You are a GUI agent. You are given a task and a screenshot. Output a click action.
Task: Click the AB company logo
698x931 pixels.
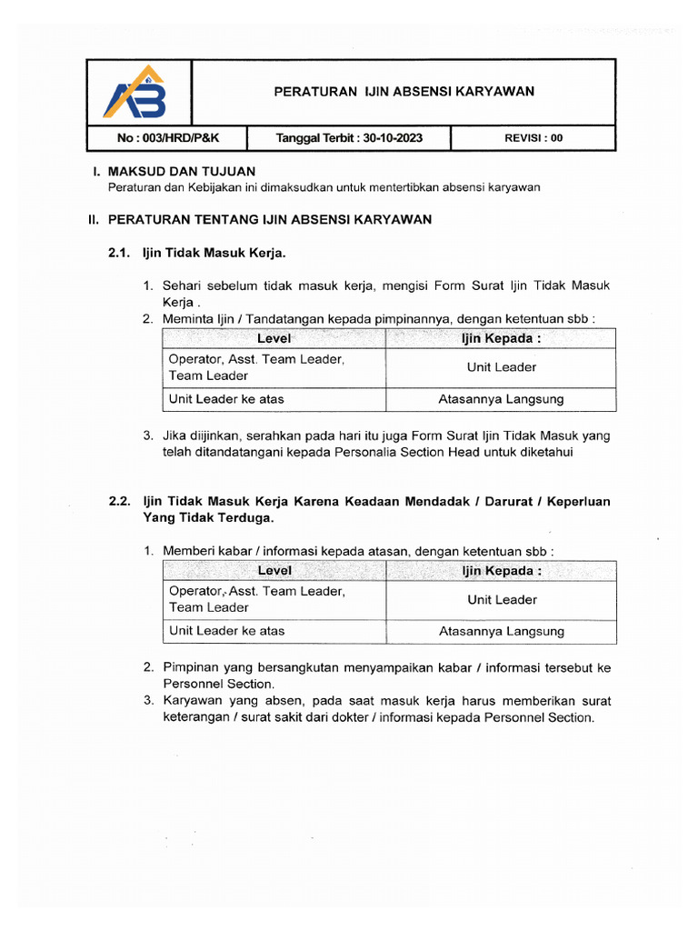coord(137,94)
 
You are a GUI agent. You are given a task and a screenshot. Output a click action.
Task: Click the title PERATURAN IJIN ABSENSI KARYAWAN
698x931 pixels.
coord(404,91)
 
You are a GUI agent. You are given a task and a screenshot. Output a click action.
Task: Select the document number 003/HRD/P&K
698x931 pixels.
coord(157,139)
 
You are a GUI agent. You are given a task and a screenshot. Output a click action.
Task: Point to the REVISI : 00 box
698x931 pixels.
coord(533,139)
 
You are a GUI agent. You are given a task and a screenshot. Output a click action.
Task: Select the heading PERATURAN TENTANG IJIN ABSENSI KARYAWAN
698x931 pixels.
coord(269,219)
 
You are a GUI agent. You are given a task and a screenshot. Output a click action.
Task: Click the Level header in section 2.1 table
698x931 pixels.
coord(274,338)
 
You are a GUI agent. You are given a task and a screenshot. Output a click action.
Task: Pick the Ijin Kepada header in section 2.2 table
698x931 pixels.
coord(502,571)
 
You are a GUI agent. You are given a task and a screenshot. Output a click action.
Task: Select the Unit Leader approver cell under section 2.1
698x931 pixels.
coord(502,367)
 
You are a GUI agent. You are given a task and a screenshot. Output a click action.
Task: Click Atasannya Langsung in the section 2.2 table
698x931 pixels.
coord(502,631)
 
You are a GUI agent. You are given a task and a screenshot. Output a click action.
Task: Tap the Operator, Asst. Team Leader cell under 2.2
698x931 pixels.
coord(257,599)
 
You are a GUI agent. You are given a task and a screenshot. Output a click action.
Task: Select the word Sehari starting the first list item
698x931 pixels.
coord(182,285)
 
